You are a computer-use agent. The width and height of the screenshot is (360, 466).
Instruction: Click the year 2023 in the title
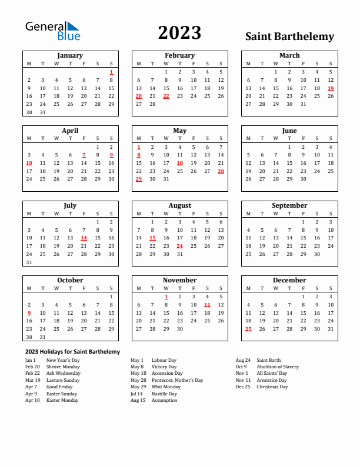click(x=179, y=33)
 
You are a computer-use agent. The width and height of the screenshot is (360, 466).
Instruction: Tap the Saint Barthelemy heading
click(x=289, y=36)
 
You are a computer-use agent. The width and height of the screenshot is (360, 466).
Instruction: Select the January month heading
click(x=70, y=55)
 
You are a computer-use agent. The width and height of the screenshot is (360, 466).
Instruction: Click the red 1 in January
click(x=111, y=72)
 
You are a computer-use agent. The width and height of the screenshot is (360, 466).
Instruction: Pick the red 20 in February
click(x=139, y=96)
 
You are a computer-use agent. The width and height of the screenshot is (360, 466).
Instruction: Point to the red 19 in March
click(x=331, y=88)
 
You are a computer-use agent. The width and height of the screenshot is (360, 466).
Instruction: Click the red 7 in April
click(x=84, y=155)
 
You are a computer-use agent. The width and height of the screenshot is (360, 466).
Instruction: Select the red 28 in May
click(x=221, y=171)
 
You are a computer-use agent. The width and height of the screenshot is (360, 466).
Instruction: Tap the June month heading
click(x=289, y=131)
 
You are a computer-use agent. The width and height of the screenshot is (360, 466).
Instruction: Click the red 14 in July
click(x=84, y=238)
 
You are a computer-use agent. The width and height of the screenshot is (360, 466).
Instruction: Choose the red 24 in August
click(x=179, y=246)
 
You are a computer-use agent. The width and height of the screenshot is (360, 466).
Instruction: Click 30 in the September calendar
click(x=317, y=254)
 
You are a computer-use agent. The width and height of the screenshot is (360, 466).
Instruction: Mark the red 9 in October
click(x=29, y=313)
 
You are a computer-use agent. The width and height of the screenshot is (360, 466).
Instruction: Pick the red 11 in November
click(x=207, y=305)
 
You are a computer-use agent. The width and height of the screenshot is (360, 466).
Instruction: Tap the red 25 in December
click(x=248, y=329)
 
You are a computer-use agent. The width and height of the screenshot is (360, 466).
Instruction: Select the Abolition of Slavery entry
click(x=278, y=367)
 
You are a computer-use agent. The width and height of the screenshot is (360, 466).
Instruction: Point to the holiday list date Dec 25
click(x=242, y=387)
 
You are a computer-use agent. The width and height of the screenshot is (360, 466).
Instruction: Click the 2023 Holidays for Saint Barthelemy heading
click(x=72, y=352)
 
